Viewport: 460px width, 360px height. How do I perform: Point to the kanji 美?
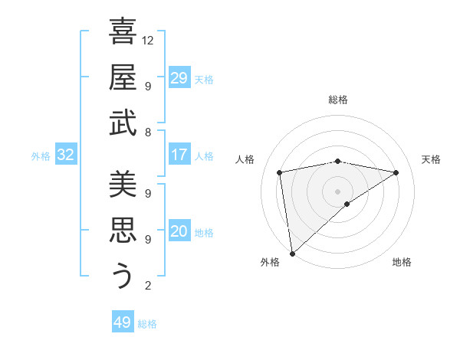[123, 185]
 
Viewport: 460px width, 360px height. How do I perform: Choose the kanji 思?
[123, 231]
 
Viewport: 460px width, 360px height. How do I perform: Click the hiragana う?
[123, 276]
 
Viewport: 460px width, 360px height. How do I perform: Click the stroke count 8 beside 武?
[147, 132]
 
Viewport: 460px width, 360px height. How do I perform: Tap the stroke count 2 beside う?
[147, 286]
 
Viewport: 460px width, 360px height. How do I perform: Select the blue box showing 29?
[179, 78]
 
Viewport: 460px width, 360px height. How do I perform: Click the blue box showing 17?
[179, 155]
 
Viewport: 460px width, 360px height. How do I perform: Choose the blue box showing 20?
[179, 231]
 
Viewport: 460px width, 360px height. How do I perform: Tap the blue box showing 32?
[66, 155]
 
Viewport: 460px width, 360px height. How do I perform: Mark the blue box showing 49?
[123, 322]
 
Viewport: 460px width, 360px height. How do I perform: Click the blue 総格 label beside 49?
[148, 324]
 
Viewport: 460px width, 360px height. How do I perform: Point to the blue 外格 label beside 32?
[41, 156]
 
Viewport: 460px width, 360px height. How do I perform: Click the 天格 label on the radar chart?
[431, 159]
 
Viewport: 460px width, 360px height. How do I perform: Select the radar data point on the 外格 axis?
[292, 253]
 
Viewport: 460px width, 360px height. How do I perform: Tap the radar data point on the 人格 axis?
[281, 172]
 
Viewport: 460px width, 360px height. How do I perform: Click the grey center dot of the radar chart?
[337, 190]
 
